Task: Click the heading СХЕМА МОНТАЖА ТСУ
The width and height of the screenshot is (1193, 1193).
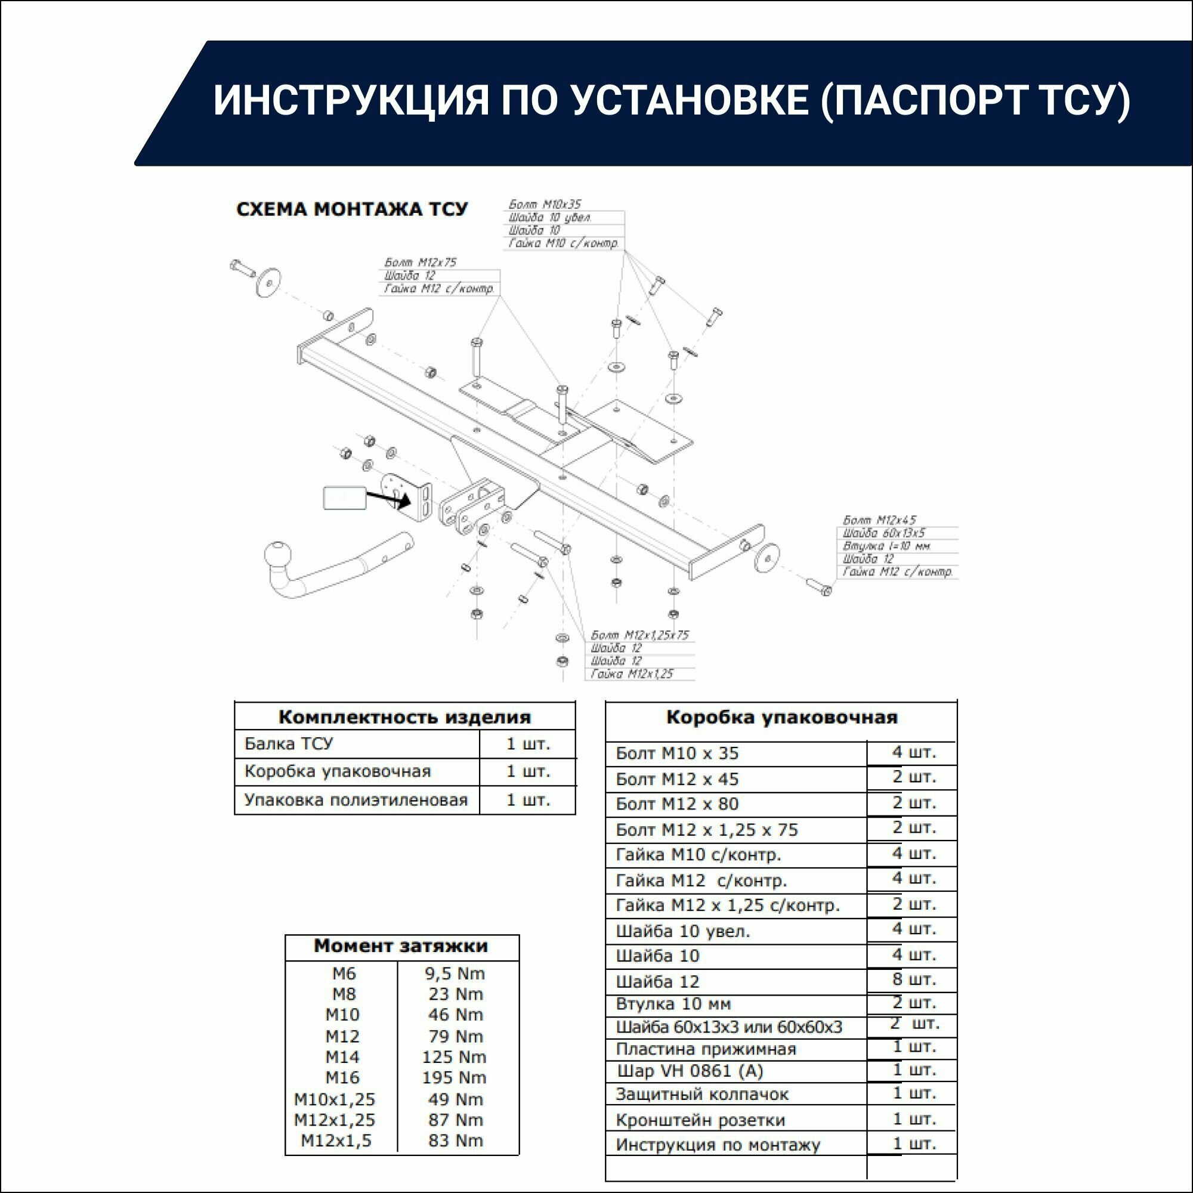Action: (x=352, y=209)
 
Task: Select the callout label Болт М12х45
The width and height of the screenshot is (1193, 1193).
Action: (x=879, y=521)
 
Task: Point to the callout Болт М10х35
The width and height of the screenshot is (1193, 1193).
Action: (x=545, y=205)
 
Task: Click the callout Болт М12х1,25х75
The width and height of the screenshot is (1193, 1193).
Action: (x=639, y=635)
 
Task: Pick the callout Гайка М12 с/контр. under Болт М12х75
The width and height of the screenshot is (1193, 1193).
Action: (x=439, y=288)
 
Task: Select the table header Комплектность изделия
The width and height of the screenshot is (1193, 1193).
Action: (x=404, y=717)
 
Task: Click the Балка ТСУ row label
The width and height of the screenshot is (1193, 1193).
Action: (x=288, y=743)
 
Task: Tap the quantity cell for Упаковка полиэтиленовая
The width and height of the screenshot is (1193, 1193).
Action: (x=528, y=800)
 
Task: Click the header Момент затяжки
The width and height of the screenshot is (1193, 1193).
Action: (x=401, y=945)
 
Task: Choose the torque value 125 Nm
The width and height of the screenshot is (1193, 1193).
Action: (x=455, y=1056)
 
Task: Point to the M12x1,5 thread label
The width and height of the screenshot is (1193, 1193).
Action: (x=336, y=1141)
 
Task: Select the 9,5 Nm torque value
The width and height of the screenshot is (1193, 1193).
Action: (x=455, y=974)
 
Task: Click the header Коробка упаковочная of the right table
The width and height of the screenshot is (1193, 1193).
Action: (x=781, y=718)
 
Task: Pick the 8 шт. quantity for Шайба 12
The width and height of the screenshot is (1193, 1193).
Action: (x=914, y=979)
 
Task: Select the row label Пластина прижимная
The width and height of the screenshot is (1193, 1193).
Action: (x=706, y=1049)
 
